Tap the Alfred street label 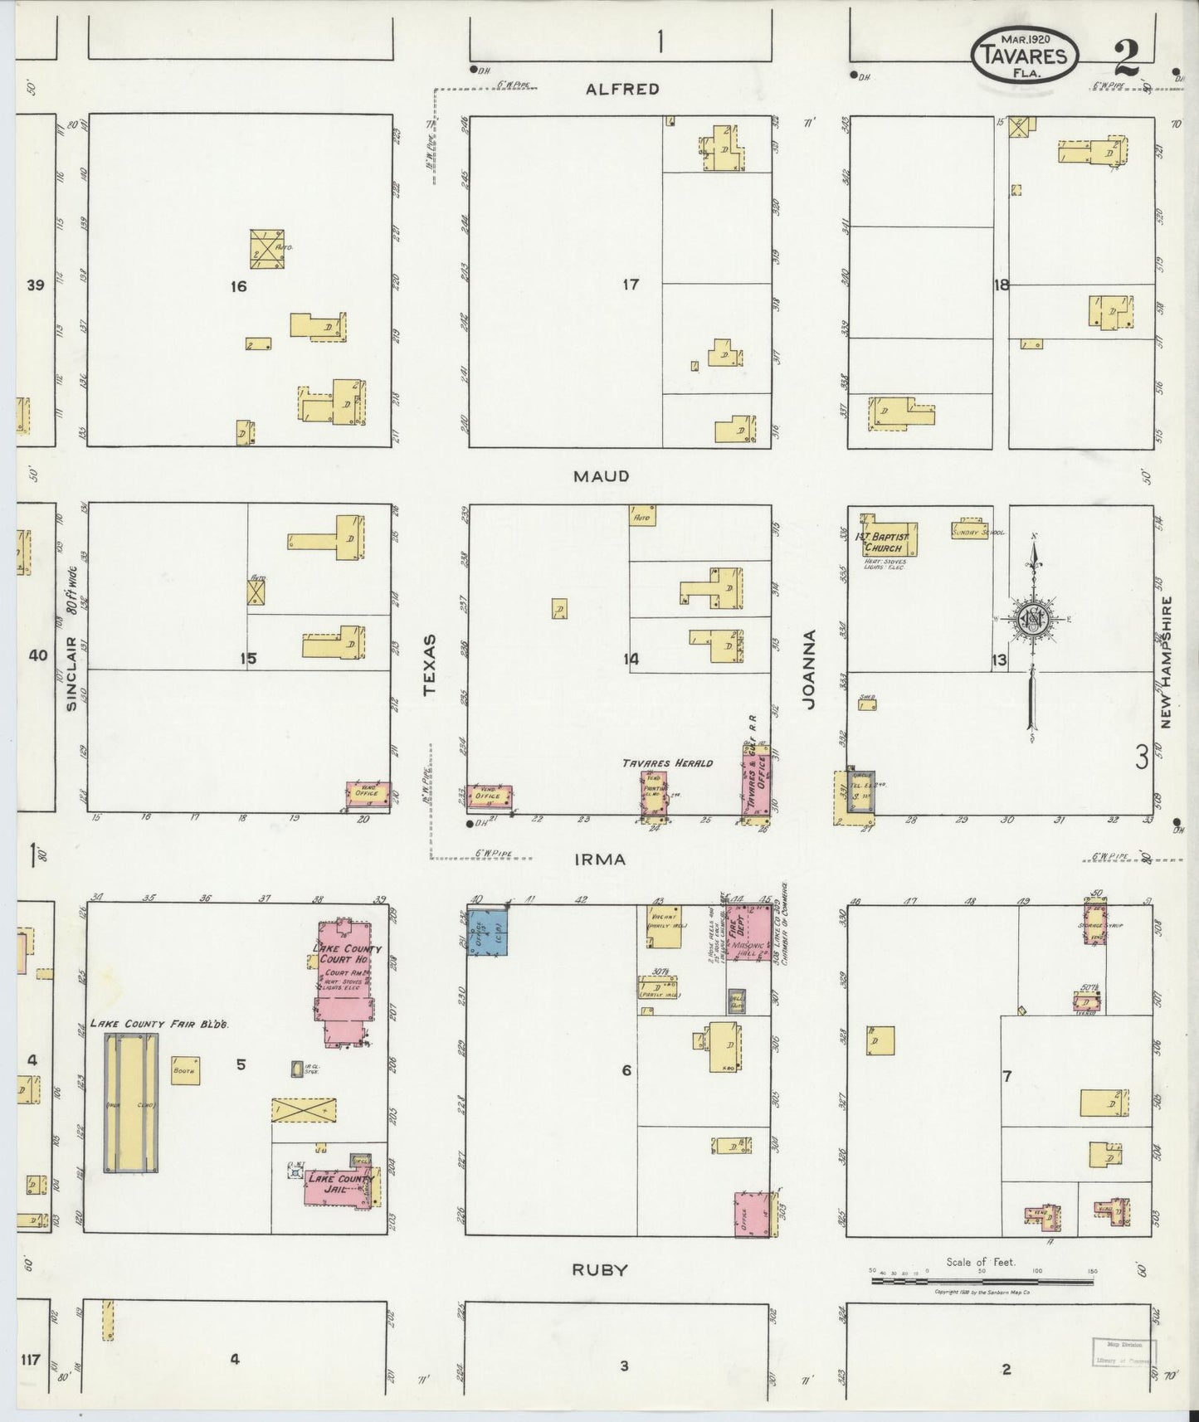pyautogui.click(x=622, y=90)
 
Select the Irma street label pyautogui.click(x=600, y=860)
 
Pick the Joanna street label pyautogui.click(x=809, y=669)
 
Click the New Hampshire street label pyautogui.click(x=1166, y=662)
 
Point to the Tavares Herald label pyautogui.click(x=668, y=762)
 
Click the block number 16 pyautogui.click(x=239, y=287)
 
